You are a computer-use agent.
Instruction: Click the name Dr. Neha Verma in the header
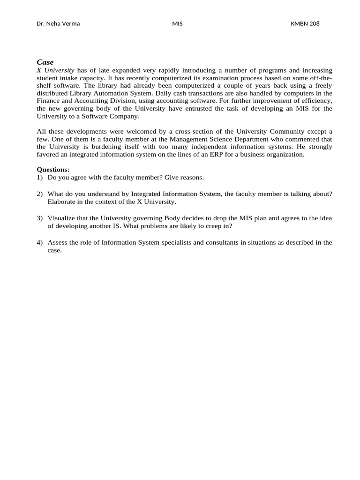point(58,23)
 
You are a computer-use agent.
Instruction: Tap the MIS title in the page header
point(177,23)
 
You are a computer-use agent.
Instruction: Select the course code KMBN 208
point(305,23)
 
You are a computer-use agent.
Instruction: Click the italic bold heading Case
point(45,62)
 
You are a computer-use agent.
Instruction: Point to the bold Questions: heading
point(53,170)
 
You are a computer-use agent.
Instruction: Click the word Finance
point(49,101)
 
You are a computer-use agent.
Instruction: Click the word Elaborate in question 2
point(61,202)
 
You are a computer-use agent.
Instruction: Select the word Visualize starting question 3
point(62,218)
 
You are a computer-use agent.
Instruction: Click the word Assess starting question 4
point(57,242)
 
